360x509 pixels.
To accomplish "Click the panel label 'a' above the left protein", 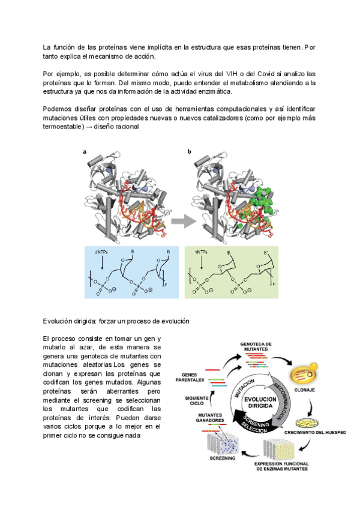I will coord(85,152).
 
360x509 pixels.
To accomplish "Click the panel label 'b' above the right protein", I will coord(190,152).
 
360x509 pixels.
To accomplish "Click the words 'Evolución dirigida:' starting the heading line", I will coord(71,321).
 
